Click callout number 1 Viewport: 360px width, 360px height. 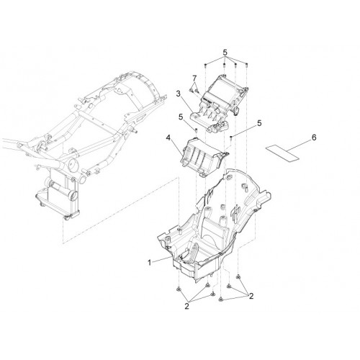pyautogui.click(x=150, y=262)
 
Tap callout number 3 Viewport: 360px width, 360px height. pyautogui.click(x=178, y=94)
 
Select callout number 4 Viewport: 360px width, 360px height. pyautogui.click(x=168, y=138)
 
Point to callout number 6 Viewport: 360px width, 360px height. pyautogui.click(x=314, y=138)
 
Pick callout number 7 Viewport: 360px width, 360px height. pyautogui.click(x=194, y=78)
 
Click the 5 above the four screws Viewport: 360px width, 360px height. pyautogui.click(x=225, y=52)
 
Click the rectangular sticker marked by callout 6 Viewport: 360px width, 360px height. pyautogui.click(x=282, y=153)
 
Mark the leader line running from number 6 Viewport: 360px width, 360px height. pyautogui.click(x=298, y=146)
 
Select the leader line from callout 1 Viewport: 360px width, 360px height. pyautogui.click(x=162, y=259)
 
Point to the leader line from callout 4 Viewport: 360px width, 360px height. pyautogui.click(x=176, y=148)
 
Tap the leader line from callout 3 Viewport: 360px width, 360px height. pyautogui.click(x=186, y=104)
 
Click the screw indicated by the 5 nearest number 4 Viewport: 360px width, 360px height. pyautogui.click(x=196, y=131)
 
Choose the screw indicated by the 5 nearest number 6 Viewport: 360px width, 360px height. pyautogui.click(x=230, y=138)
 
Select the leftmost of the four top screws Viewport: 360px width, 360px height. pyautogui.click(x=206, y=65)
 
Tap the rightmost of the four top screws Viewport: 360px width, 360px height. pyautogui.click(x=247, y=64)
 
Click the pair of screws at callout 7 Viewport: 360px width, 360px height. pyautogui.click(x=194, y=91)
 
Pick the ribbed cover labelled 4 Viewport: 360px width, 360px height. pyautogui.click(x=204, y=156)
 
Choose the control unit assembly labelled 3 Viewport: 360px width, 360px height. pyautogui.click(x=218, y=103)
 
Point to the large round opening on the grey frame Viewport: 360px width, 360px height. pyautogui.click(x=73, y=165)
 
